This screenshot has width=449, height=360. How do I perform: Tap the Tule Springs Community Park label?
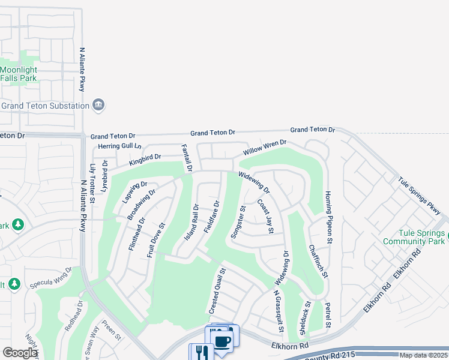414,237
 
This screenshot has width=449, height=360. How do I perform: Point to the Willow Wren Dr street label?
265,148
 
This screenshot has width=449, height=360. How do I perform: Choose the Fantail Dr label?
187,158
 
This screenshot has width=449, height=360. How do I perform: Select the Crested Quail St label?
216,291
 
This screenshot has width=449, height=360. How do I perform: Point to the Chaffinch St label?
318,261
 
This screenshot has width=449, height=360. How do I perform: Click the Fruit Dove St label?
156,240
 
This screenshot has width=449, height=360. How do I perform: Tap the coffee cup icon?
222,341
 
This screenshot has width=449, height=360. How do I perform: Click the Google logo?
19,353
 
